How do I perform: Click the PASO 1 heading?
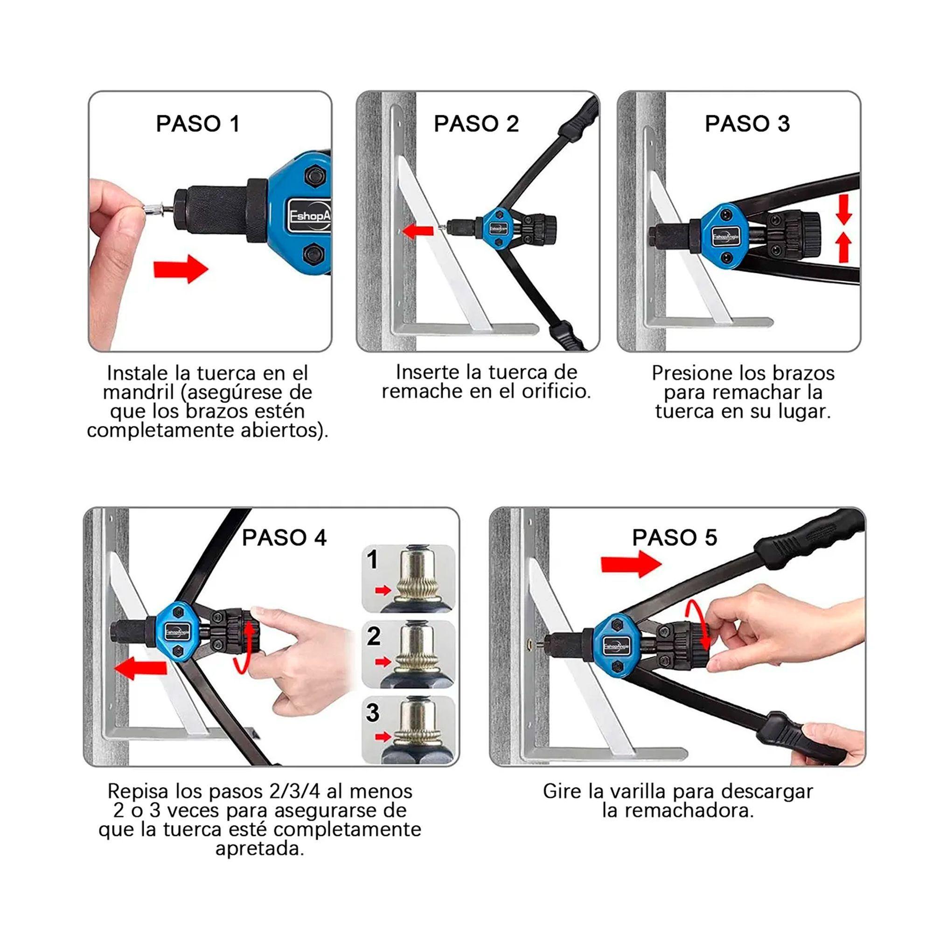(197, 124)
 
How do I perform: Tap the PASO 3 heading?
(747, 124)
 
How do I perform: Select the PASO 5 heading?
(674, 537)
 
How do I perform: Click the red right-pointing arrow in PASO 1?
(181, 269)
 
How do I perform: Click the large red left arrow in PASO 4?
(140, 669)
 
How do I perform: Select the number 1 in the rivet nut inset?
(372, 560)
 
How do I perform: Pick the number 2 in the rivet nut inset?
(373, 636)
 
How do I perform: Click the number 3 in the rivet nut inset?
(372, 712)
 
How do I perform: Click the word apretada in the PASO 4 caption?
(260, 849)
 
